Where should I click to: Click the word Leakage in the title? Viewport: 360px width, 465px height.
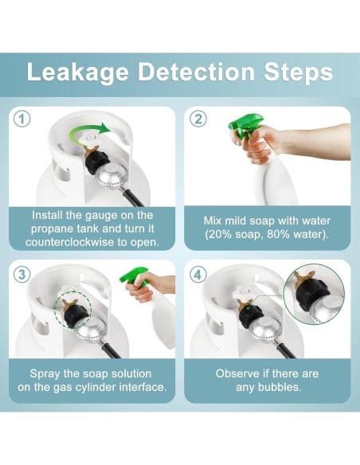78,72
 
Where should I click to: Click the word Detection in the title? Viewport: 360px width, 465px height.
196,72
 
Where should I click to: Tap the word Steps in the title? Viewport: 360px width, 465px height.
299,72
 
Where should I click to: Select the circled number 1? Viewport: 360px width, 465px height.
22,119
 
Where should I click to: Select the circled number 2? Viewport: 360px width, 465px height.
198,119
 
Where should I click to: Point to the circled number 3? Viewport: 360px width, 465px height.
22,275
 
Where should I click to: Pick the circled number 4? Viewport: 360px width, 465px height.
198,275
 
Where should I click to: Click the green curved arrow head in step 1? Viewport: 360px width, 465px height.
104,128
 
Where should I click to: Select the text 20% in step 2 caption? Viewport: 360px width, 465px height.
221,234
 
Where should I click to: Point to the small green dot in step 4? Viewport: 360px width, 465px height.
247,309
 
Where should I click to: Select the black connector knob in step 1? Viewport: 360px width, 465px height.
97,162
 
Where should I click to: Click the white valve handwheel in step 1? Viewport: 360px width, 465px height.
91,138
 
